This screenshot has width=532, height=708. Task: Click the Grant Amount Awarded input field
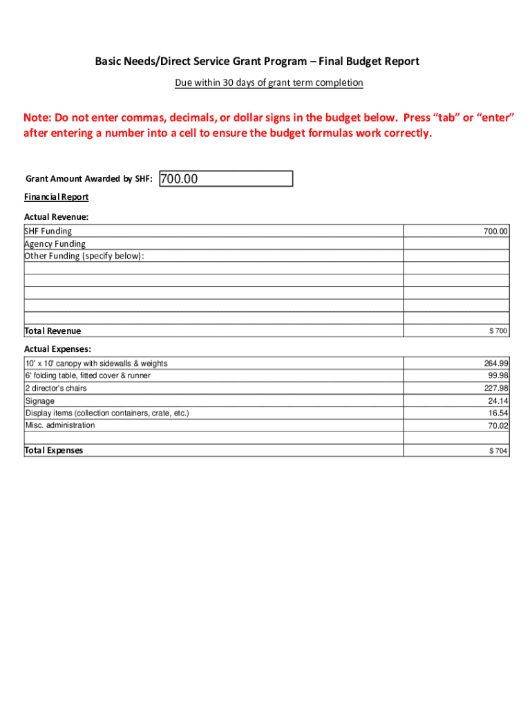[x=226, y=179]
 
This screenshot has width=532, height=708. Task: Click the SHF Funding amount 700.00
[x=495, y=231]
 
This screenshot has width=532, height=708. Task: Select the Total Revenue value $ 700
[x=498, y=331]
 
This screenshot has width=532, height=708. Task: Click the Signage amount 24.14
[x=498, y=400]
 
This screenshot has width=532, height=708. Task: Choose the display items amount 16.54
[x=498, y=413]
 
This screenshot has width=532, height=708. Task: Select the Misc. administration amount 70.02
[x=498, y=426]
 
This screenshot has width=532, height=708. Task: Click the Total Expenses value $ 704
[x=498, y=451]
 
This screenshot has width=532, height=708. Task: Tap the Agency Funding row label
[x=55, y=243]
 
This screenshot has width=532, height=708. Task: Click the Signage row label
[x=40, y=401]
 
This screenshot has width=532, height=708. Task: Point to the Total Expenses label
[x=54, y=450]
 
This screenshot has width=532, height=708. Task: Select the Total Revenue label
[x=53, y=330]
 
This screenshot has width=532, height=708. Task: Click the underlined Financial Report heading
[x=57, y=197]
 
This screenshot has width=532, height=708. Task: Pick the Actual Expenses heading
[x=58, y=349]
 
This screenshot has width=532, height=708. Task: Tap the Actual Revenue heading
[x=57, y=217]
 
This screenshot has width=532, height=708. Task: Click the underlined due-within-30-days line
[x=269, y=83]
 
